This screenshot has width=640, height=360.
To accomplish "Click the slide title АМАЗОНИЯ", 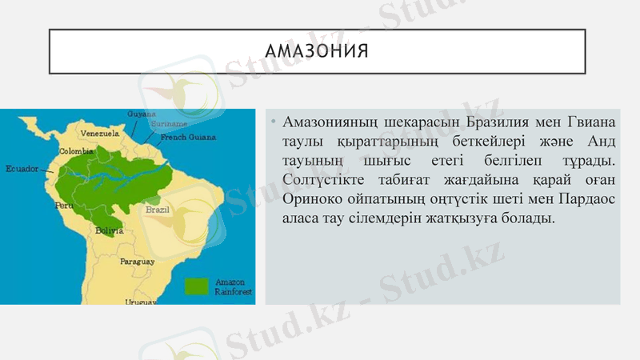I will [317, 52].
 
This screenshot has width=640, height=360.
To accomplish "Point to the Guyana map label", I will [142, 114].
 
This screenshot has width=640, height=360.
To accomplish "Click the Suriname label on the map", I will [170, 125].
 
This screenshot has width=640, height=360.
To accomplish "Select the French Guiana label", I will [188, 138].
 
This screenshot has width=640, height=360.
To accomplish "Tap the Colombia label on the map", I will [77, 150].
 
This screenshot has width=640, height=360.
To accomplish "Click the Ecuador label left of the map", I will [22, 169].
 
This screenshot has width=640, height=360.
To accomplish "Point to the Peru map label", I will [64, 206].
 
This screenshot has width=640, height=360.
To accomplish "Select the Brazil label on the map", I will [157, 210].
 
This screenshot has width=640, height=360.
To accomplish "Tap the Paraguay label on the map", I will [137, 262].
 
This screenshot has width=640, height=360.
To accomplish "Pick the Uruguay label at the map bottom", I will [140, 302].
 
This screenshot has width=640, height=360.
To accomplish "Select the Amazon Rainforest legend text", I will [233, 287].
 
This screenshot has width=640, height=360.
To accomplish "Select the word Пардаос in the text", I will [586, 200].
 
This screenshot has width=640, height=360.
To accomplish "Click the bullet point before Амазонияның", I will [273, 123].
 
